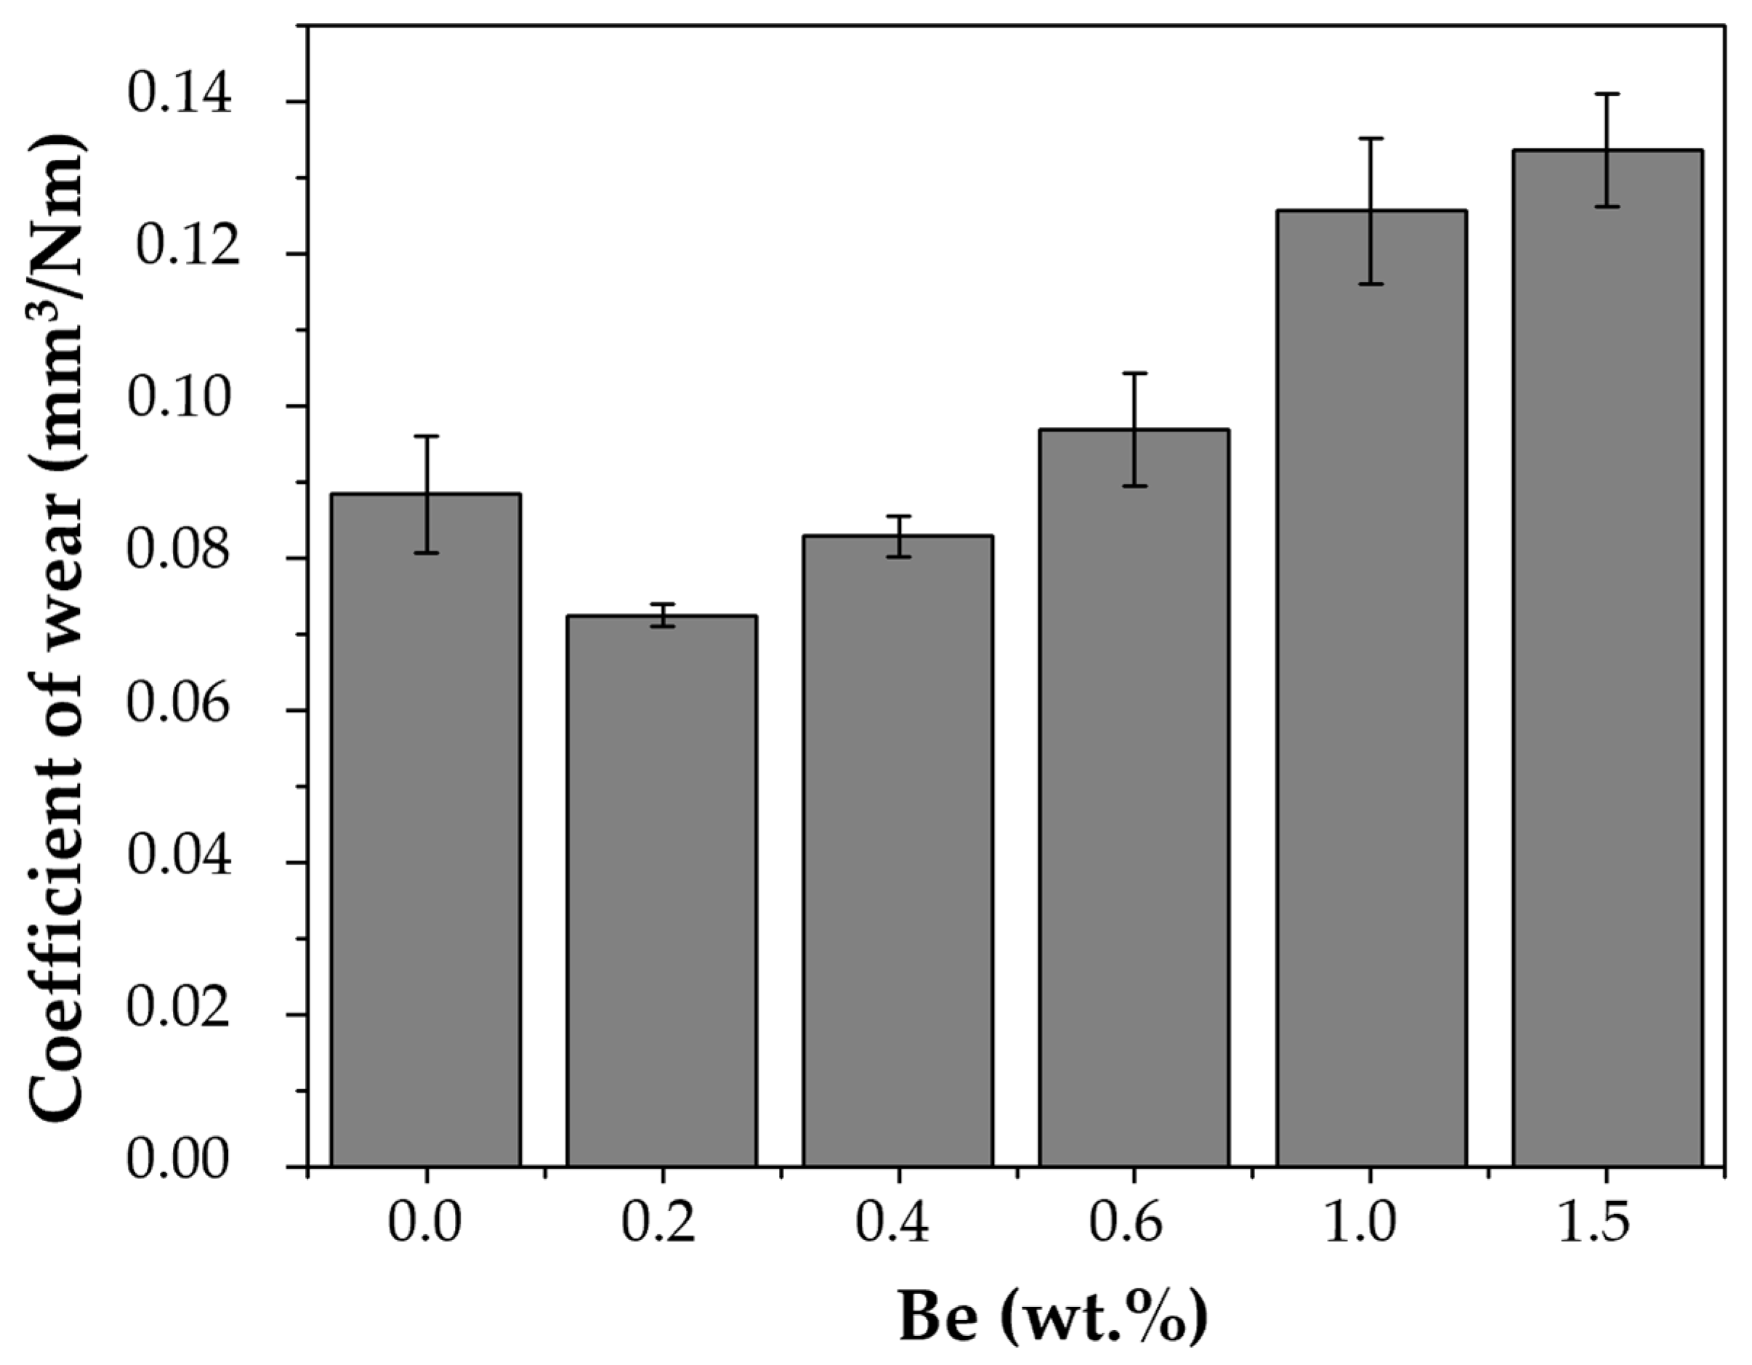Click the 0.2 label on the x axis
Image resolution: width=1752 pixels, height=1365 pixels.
(659, 1224)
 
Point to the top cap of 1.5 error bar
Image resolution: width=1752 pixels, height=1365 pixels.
(1607, 116)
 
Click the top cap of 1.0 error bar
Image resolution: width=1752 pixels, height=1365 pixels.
(1371, 139)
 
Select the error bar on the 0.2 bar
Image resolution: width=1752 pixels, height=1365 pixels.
(662, 615)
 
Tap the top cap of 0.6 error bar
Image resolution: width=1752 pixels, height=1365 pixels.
(1134, 373)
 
